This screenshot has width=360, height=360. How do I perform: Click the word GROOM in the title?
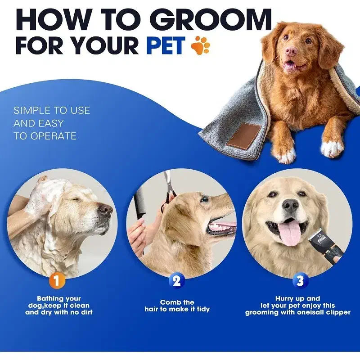(x=212, y=20)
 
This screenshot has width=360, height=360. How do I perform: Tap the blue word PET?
(x=166, y=45)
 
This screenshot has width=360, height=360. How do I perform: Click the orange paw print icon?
(x=200, y=45)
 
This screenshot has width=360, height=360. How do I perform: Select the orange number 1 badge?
(x=57, y=280)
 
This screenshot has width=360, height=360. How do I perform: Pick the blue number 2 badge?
(x=176, y=280)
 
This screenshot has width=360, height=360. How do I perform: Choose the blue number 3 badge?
(x=300, y=280)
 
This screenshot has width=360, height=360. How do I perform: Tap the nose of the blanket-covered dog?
(x=292, y=51)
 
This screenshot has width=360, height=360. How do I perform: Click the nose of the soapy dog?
(x=105, y=209)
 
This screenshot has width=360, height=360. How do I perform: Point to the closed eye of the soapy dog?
(x=76, y=199)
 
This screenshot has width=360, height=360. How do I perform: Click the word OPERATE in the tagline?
(x=53, y=136)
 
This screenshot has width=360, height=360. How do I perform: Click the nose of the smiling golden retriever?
(x=290, y=204)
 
